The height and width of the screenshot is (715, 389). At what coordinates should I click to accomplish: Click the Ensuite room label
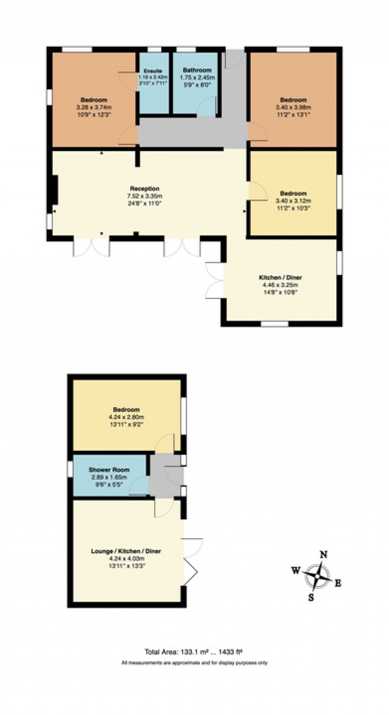(153, 71)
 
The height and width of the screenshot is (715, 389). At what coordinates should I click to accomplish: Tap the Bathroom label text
(197, 70)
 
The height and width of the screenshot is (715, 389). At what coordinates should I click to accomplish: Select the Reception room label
(144, 189)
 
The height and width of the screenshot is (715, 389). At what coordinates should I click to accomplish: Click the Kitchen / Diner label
(281, 277)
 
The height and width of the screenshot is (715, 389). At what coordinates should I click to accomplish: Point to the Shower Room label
(109, 470)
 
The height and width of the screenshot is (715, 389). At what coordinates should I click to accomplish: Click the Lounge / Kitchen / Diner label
(126, 551)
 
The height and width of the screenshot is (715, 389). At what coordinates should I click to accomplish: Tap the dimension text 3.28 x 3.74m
(94, 107)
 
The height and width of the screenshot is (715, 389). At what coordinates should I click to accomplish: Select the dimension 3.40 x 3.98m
(293, 107)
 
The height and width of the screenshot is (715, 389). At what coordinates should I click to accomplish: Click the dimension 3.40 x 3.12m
(293, 201)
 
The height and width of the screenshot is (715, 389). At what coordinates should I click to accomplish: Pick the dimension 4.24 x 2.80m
(126, 417)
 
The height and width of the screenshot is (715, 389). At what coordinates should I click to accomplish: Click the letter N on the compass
(324, 555)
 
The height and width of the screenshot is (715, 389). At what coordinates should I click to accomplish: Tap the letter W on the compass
(296, 571)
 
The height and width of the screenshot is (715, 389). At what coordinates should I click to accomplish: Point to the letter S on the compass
(311, 598)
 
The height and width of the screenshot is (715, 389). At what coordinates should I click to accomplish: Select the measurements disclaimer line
(194, 663)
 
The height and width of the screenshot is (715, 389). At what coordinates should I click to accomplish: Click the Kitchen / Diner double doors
(214, 280)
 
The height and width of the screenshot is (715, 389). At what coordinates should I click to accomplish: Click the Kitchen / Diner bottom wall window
(275, 324)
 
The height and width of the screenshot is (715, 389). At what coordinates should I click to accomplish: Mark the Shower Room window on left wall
(70, 469)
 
